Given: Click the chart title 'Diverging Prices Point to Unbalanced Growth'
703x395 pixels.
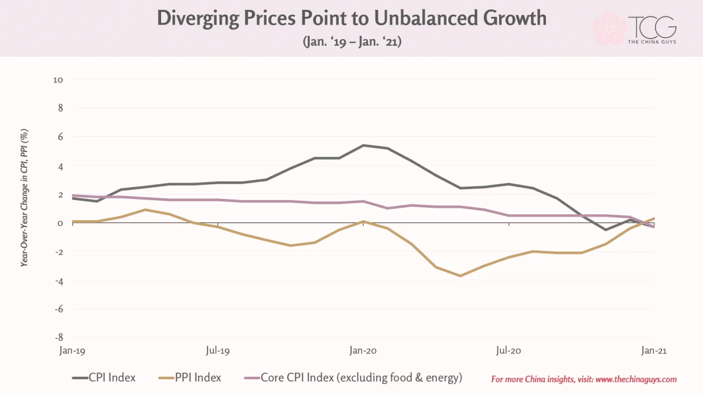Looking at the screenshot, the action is tap(351, 18).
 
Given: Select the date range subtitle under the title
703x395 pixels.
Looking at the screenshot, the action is tap(352, 42).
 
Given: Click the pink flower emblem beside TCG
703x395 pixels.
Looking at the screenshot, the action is tap(609, 29).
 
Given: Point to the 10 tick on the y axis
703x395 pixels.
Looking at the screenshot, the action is tap(58, 80).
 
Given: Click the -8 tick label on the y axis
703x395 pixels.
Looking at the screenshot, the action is tap(59, 337).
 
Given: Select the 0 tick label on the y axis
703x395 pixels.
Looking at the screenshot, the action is tap(60, 223).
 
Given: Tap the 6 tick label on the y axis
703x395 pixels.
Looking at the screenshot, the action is tap(60, 137).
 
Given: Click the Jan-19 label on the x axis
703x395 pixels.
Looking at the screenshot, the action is tap(72, 350).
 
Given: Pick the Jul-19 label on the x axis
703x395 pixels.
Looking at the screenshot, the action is tap(218, 350).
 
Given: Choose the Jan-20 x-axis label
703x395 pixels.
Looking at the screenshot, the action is tap(363, 350).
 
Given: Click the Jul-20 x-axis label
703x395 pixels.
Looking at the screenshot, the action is tap(509, 350).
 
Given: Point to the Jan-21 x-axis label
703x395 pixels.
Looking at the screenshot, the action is tap(654, 350).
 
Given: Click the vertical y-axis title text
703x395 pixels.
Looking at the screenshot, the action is tap(24, 198).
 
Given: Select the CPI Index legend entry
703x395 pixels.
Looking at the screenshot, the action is tap(104, 377).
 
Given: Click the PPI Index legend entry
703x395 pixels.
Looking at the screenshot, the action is tap(190, 377).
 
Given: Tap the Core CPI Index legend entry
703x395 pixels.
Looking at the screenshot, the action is tap(353, 377).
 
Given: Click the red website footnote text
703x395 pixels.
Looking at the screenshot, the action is tap(584, 379).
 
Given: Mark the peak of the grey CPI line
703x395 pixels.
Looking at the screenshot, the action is tap(363, 145).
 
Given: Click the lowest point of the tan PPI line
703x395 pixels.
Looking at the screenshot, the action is tap(460, 276).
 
